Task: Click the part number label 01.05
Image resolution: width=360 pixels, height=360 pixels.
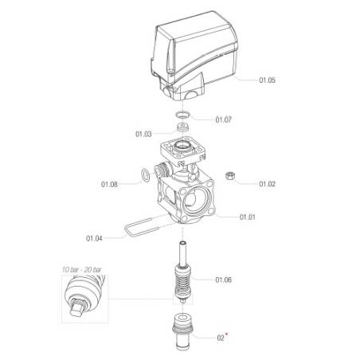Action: point(267,80)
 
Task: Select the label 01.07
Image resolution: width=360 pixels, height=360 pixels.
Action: point(223,119)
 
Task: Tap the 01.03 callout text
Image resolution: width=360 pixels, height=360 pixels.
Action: point(143,134)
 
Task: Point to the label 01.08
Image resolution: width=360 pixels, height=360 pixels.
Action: point(109,184)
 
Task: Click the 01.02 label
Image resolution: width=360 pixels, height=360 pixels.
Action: point(267,184)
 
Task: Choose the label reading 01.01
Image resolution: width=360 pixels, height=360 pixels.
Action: point(248,217)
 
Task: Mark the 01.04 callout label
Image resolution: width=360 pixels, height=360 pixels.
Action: point(94,238)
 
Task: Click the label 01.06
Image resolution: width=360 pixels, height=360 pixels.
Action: point(223,280)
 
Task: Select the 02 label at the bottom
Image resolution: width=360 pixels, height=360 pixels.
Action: point(221,338)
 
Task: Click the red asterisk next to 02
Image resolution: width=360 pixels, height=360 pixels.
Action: point(227,334)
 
